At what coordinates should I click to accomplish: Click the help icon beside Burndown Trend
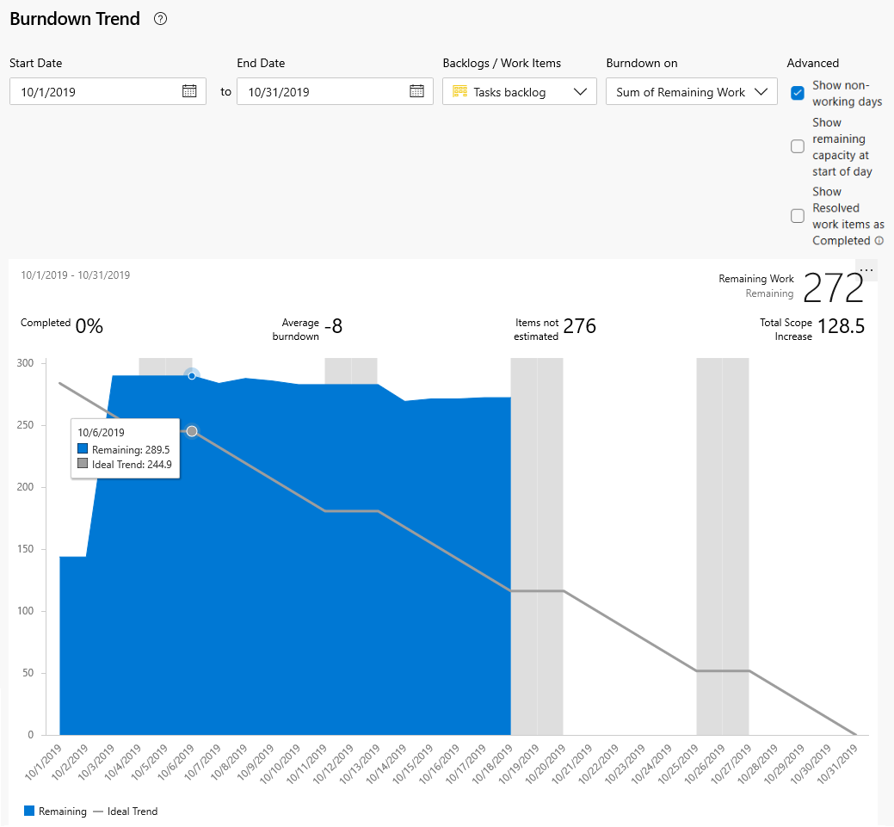[x=160, y=19]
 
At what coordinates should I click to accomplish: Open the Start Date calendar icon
[x=190, y=91]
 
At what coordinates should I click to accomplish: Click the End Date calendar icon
[x=416, y=91]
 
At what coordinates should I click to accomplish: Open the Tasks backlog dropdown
[x=520, y=92]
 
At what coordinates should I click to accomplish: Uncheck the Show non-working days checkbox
[x=798, y=92]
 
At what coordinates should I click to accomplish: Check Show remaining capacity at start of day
[x=798, y=146]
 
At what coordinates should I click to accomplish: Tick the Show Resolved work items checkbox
[x=798, y=216]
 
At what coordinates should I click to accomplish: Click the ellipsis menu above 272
[x=866, y=270]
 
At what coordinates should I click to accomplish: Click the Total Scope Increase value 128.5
[x=841, y=326]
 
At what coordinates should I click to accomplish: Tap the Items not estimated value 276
[x=579, y=326]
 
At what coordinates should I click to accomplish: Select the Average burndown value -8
[x=334, y=326]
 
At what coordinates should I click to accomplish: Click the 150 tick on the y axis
[x=25, y=549]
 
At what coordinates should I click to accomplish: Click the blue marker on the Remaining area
[x=192, y=375]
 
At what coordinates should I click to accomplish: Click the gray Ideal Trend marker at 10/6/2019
[x=192, y=431]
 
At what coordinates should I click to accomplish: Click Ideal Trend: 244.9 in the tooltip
[x=124, y=464]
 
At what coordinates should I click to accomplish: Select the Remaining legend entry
[x=56, y=811]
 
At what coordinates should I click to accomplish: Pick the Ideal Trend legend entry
[x=126, y=811]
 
